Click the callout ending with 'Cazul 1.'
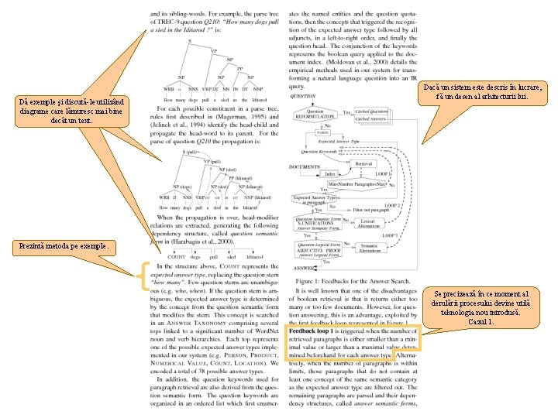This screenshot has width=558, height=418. [x=503, y=307]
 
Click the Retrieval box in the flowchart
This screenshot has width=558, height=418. [x=364, y=165]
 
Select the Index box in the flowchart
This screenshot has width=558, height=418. [x=331, y=175]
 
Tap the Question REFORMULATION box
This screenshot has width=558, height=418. [x=315, y=115]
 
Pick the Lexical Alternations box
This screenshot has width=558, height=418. [x=368, y=223]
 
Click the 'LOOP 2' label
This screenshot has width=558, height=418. [x=393, y=205]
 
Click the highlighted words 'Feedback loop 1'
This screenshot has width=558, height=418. [x=314, y=331]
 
